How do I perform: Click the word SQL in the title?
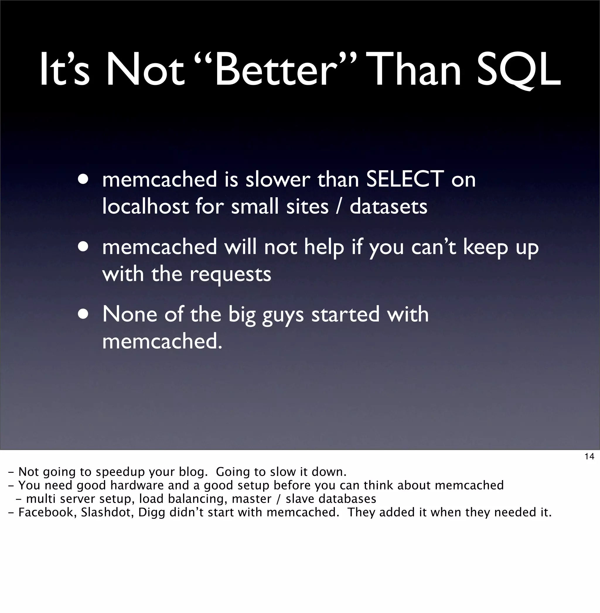click(x=519, y=70)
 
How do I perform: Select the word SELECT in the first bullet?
click(x=405, y=179)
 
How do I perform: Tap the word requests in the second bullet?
click(x=230, y=275)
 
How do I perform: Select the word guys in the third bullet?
click(x=283, y=315)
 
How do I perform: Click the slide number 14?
click(x=589, y=456)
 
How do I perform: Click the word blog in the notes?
click(x=193, y=472)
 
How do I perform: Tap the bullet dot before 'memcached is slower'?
click(x=83, y=179)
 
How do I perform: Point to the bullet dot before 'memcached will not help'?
click(x=83, y=247)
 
